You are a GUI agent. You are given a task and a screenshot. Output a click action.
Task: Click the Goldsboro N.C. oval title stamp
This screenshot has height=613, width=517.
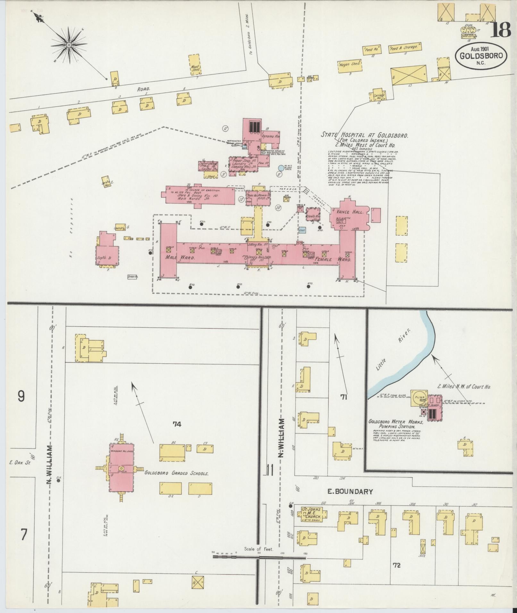tap(481, 56)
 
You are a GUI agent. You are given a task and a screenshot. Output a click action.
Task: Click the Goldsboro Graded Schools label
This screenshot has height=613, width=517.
tap(177, 473)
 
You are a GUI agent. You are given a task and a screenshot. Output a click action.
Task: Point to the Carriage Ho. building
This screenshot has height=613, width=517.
tap(379, 95)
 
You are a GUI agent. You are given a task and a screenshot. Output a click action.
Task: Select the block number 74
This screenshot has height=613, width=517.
tap(177, 424)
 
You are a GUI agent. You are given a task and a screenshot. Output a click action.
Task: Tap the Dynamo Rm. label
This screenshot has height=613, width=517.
tap(271, 136)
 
